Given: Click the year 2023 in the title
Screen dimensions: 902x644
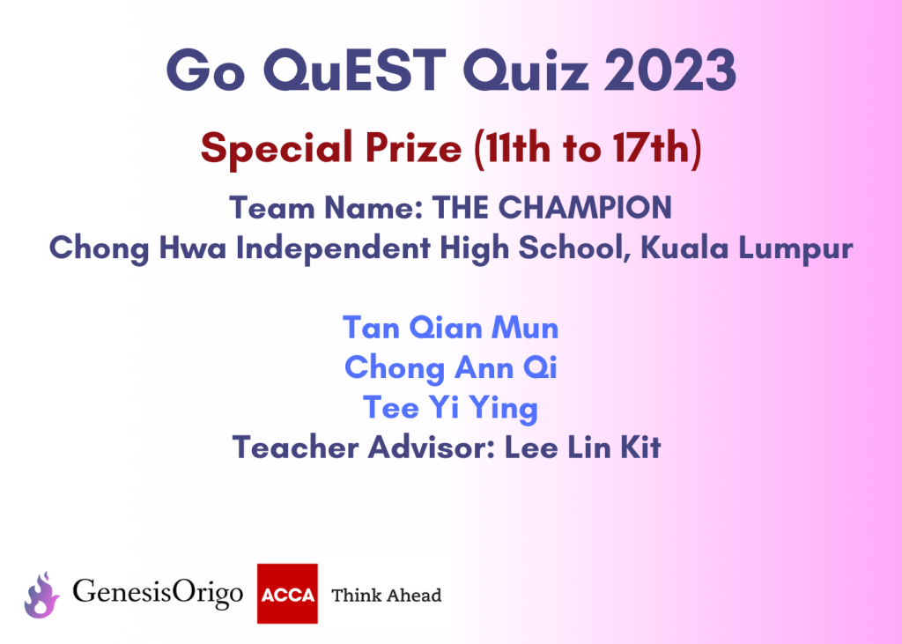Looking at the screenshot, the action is pos(670,70).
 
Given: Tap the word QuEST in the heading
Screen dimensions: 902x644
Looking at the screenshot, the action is pos(355,71).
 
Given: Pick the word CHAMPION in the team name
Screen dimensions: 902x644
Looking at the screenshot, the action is pos(585,207).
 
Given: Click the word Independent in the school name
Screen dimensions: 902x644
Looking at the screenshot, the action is pos(333,248).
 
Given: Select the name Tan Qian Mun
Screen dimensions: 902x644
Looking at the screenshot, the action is pos(450,328).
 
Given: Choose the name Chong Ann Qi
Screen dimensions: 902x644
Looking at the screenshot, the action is pos(450,368).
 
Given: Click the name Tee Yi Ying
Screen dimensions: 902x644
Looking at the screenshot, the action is pos(450,408).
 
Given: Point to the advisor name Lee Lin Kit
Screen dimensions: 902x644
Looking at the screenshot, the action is pos(583,448).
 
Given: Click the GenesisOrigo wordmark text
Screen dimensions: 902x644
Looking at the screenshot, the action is pos(158,594).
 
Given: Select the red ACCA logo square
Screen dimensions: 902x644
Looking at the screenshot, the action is pos(287,594).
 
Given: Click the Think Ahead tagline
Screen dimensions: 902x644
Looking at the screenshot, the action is pos(387,595).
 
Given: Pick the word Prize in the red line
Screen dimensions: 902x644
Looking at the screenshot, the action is pos(413,148).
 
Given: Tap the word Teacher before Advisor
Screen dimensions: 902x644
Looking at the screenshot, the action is pos(295,448).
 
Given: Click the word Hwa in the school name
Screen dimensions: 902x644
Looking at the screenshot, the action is pos(193,248).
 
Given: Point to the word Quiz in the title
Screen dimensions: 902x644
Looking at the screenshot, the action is pos(526,71).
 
